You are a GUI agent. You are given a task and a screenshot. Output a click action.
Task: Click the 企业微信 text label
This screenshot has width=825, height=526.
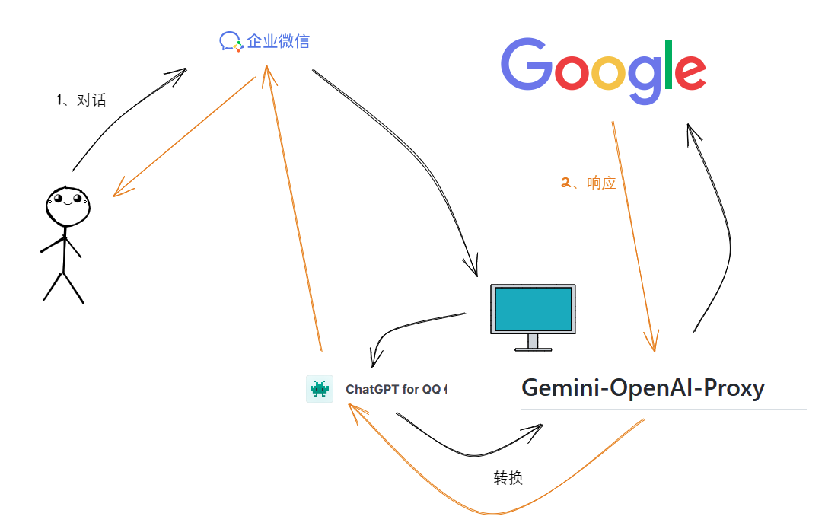[x=278, y=41]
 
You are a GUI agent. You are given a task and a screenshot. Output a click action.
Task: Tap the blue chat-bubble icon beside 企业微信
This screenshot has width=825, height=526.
[x=231, y=41]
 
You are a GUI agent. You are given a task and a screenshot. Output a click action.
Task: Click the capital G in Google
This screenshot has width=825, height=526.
[x=527, y=66]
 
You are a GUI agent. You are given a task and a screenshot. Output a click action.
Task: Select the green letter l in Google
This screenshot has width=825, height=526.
[x=669, y=64]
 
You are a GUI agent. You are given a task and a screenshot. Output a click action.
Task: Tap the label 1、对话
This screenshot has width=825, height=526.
[x=81, y=100]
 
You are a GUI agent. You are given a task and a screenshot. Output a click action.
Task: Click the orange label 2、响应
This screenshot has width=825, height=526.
[x=588, y=183]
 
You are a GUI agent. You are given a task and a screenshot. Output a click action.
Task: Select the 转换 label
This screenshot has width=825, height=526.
[x=508, y=478]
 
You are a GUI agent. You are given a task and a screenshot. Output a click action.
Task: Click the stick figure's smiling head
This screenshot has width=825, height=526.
[x=68, y=206]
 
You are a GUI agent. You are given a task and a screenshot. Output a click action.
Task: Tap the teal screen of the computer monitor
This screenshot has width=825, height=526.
[x=533, y=308]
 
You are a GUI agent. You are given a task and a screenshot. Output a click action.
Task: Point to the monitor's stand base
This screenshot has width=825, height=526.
[x=533, y=349]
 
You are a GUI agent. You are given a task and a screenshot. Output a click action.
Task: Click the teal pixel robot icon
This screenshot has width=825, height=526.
[x=319, y=389]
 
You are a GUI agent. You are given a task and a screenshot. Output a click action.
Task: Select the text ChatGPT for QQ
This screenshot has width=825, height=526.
[x=393, y=389]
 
